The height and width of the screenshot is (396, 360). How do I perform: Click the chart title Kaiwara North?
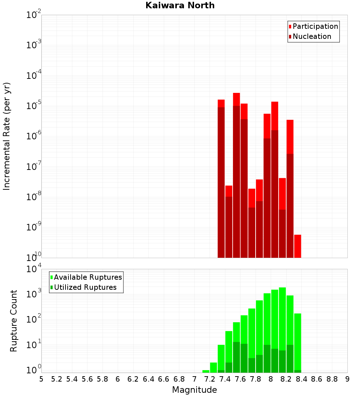pyautogui.click(x=180, y=5)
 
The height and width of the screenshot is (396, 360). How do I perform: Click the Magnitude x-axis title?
pyautogui.click(x=194, y=390)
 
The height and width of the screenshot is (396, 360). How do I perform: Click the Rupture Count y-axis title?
pyautogui.click(x=14, y=320)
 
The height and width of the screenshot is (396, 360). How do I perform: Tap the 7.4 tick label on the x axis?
pyautogui.click(x=225, y=379)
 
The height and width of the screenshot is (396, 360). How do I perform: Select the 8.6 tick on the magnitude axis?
pyautogui.click(x=317, y=379)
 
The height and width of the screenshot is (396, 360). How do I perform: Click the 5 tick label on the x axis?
pyautogui.click(x=41, y=379)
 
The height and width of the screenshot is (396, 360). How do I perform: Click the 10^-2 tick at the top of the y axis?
pyautogui.click(x=34, y=15)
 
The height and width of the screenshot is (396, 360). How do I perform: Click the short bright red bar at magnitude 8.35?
pyautogui.click(x=298, y=246)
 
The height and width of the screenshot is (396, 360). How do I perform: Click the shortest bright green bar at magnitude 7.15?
pyautogui.click(x=206, y=371)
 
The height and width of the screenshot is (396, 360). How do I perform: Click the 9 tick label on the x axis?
pyautogui.click(x=347, y=379)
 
